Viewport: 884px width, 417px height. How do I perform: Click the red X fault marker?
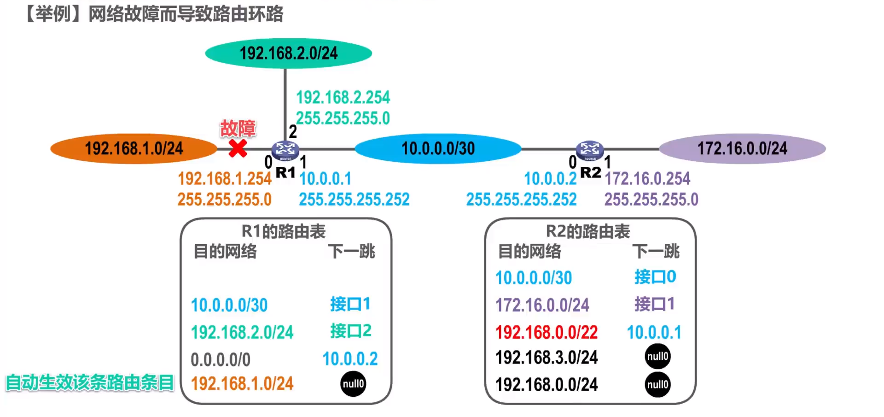pyautogui.click(x=238, y=148)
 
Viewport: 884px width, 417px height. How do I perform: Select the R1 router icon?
pyautogui.click(x=285, y=149)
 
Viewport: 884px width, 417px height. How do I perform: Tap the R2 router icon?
pyautogui.click(x=590, y=149)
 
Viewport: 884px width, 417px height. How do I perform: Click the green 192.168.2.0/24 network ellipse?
pyautogui.click(x=288, y=53)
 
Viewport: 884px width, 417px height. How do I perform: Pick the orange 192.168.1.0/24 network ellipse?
pyautogui.click(x=134, y=148)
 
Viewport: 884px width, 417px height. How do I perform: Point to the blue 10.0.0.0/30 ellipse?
pyautogui.click(x=438, y=148)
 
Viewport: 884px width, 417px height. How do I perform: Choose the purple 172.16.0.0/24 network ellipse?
pyautogui.click(x=742, y=148)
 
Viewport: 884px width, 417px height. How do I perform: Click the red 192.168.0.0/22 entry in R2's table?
pyautogui.click(x=547, y=332)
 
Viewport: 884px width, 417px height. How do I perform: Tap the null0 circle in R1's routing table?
pyautogui.click(x=353, y=384)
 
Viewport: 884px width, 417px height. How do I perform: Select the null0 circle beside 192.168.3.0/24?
pyautogui.click(x=657, y=357)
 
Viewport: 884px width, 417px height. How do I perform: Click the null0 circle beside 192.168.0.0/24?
pyautogui.click(x=657, y=385)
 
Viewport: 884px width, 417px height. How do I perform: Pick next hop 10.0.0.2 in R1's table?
pyautogui.click(x=350, y=359)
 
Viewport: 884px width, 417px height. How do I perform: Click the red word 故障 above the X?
pyautogui.click(x=238, y=129)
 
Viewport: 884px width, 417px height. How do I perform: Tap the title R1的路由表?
pyautogui.click(x=284, y=231)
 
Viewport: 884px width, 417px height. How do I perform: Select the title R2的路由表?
pyautogui.click(x=588, y=231)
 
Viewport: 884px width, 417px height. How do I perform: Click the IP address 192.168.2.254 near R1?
pyautogui.click(x=343, y=98)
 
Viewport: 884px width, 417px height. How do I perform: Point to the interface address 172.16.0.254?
pyautogui.click(x=647, y=179)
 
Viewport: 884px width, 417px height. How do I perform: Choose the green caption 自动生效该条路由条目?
pyautogui.click(x=90, y=383)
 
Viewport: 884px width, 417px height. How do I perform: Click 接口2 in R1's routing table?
pyautogui.click(x=350, y=331)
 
